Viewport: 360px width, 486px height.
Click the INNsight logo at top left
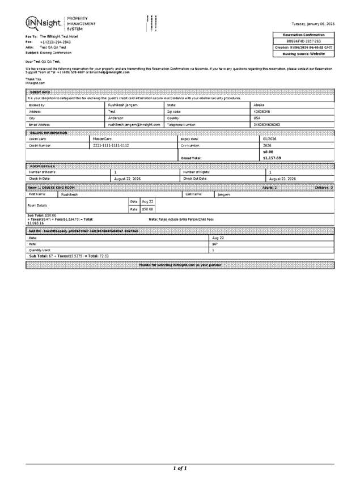45,23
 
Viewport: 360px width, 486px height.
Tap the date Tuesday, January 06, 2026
313,24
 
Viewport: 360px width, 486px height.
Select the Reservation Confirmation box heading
304,35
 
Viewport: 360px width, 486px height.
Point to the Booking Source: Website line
304,54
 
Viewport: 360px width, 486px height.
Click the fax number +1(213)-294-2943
55,42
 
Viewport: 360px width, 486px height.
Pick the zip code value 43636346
262,112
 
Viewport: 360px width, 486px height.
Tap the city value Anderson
116,118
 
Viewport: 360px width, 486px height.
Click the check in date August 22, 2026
128,179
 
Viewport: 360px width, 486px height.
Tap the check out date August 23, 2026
282,179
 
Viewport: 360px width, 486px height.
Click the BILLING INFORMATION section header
48,132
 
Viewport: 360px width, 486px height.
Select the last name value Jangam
223,194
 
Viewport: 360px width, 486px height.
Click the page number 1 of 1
180,468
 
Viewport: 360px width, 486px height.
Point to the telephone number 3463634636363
266,124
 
